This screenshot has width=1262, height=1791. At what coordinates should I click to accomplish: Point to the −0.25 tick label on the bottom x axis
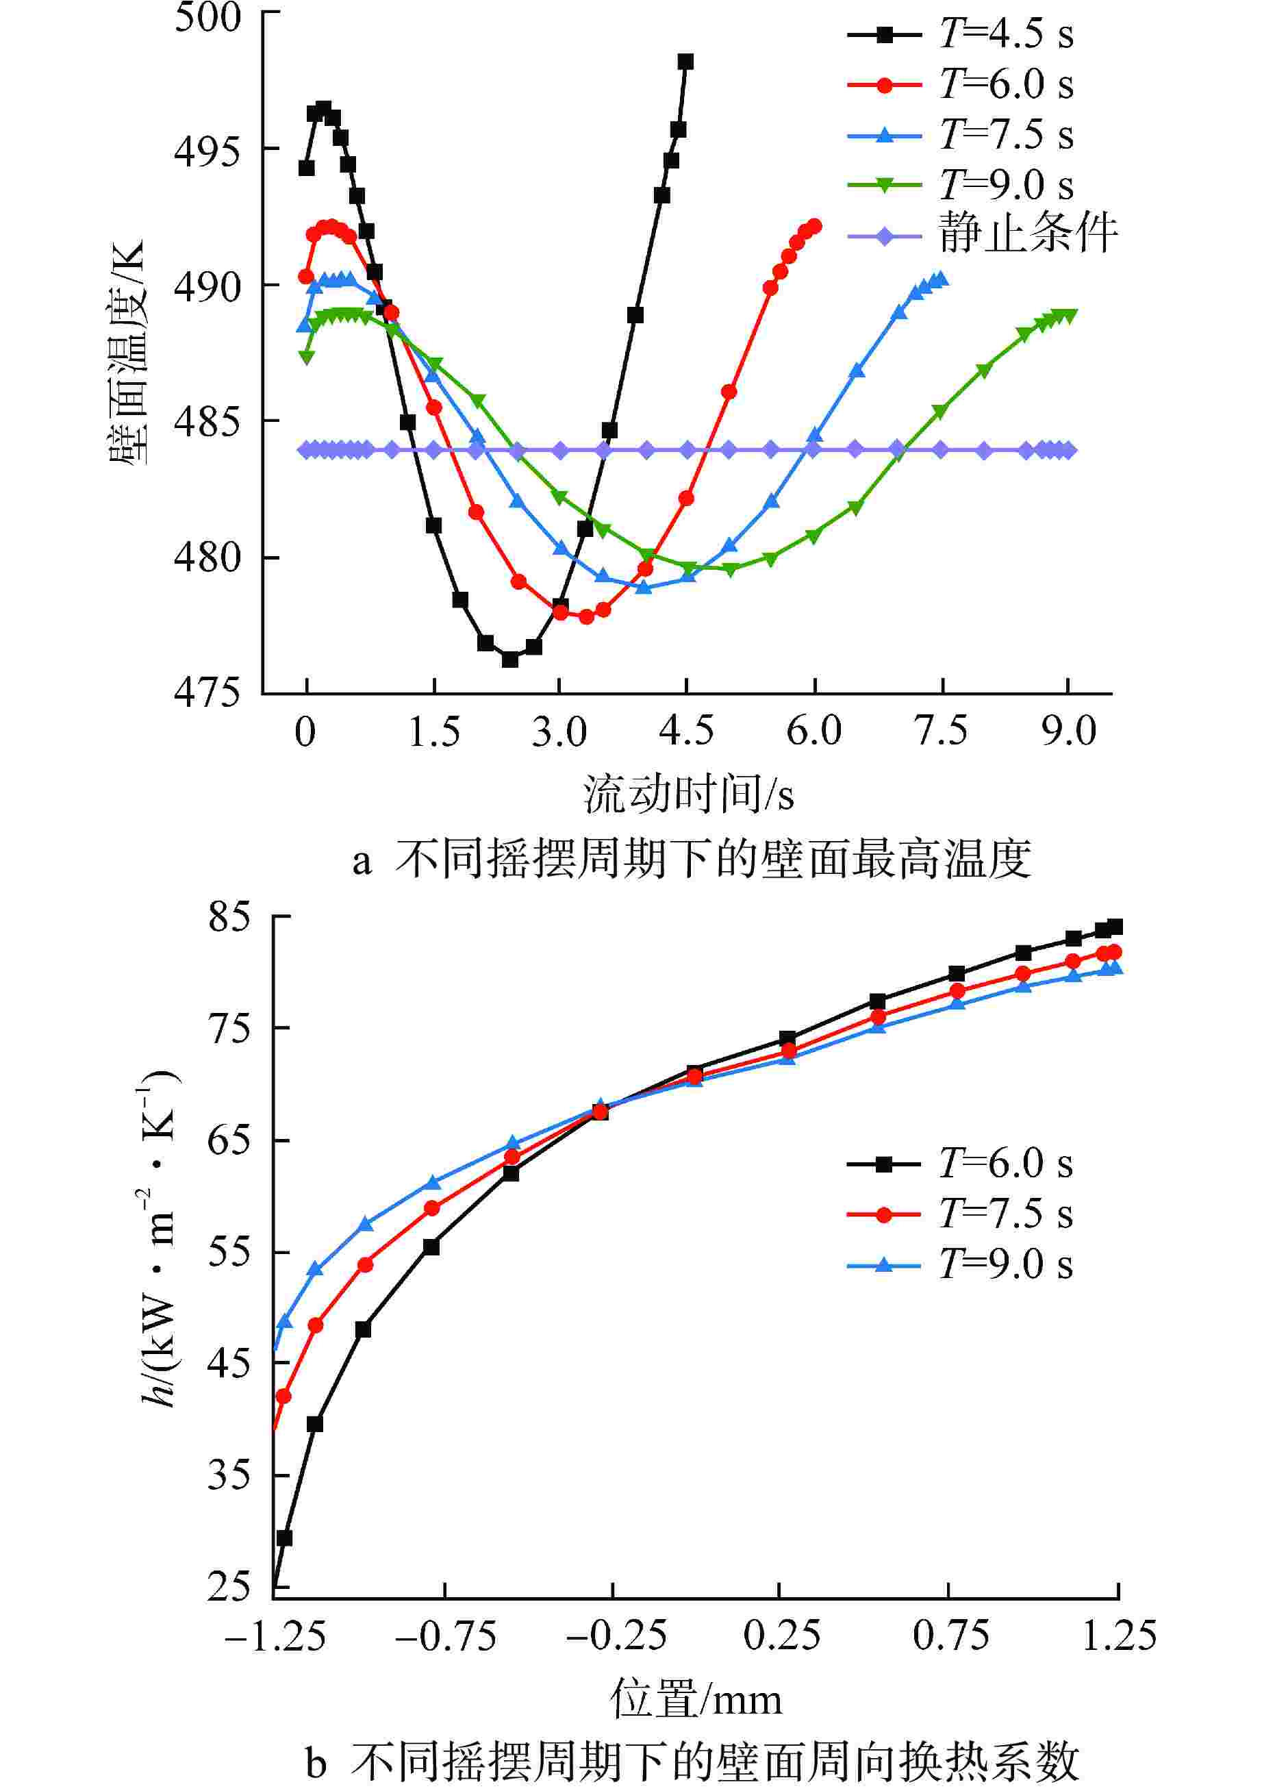click(616, 1636)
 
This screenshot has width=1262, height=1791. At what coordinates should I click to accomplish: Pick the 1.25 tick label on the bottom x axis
click(1118, 1636)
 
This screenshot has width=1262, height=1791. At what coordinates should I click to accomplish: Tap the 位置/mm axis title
click(696, 1701)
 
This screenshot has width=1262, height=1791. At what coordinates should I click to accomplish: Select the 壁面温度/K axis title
click(127, 353)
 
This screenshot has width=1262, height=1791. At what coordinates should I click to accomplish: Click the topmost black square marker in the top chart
click(685, 62)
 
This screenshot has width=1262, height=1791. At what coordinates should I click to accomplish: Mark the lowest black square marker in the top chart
click(510, 659)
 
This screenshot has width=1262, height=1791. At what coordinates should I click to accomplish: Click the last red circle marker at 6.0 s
click(815, 226)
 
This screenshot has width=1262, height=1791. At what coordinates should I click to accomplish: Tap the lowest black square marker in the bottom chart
click(285, 1538)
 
